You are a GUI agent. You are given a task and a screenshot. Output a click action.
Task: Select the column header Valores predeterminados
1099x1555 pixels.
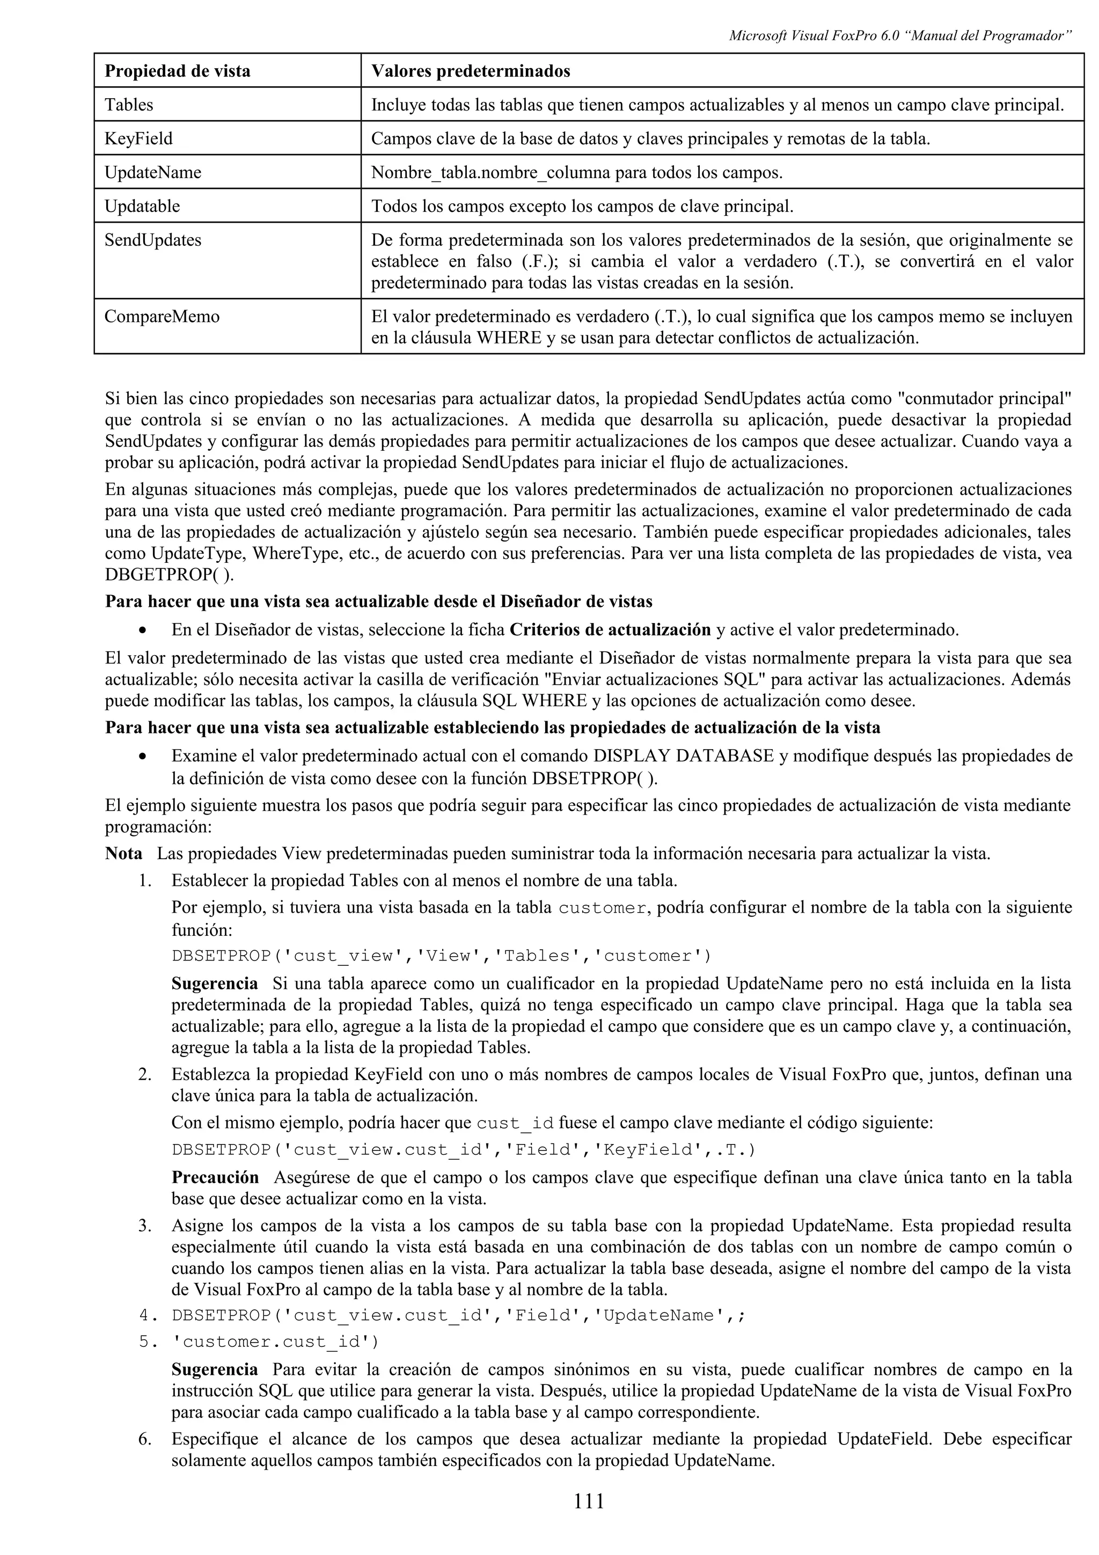[x=470, y=71]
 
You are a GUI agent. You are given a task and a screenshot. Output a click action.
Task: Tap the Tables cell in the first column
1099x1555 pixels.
[x=129, y=105]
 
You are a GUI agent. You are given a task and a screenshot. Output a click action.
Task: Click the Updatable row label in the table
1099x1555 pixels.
[x=142, y=206]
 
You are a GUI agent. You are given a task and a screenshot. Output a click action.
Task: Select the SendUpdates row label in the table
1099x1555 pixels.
[x=152, y=240]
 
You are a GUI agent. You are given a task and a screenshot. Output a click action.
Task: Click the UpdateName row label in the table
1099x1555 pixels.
[x=152, y=172]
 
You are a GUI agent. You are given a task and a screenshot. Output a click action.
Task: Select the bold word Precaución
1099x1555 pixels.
[x=215, y=1177]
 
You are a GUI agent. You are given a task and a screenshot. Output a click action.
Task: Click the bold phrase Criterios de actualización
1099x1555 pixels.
[x=610, y=630]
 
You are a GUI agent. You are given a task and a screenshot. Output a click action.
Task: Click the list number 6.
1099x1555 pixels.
[x=144, y=1439]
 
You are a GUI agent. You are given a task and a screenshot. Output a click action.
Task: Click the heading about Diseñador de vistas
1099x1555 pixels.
[x=378, y=602]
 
